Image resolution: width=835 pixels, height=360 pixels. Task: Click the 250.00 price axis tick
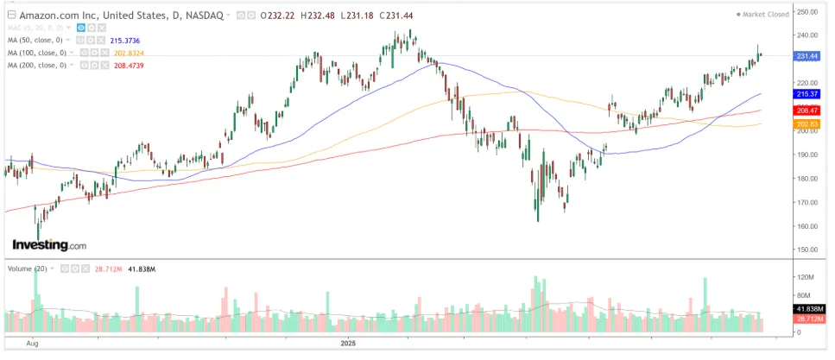[807, 11]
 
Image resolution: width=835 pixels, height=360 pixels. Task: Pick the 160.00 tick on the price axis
[807, 226]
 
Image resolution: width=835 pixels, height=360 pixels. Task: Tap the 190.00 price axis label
[807, 155]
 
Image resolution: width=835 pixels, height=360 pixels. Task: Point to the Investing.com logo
[49, 246]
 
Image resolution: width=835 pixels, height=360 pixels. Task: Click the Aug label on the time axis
[32, 344]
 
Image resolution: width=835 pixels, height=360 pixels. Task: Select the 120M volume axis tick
[806, 277]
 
